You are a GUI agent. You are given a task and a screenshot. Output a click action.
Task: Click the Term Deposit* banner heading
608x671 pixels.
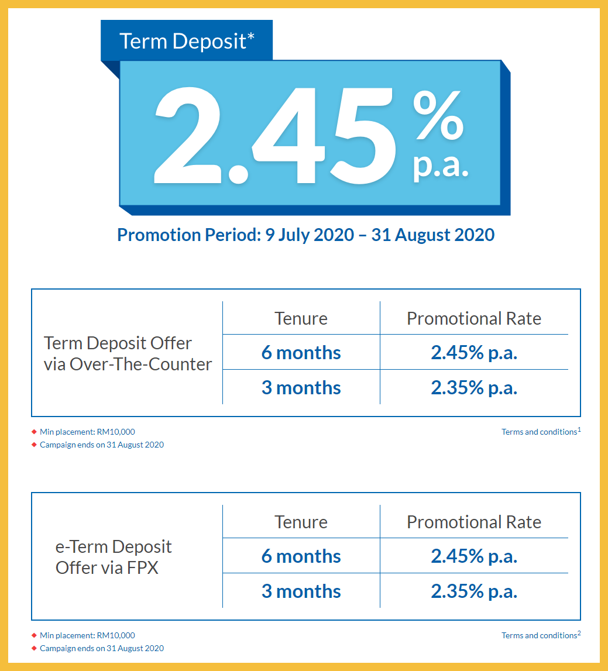click(x=187, y=41)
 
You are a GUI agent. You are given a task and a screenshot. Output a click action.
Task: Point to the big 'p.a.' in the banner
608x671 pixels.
click(x=441, y=165)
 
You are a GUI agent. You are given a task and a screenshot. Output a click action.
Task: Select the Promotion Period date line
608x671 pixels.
click(x=305, y=235)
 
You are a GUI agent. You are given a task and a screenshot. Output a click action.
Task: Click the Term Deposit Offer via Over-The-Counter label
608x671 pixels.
click(x=128, y=353)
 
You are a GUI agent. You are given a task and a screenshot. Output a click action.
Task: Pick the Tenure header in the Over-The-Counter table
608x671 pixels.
click(x=301, y=319)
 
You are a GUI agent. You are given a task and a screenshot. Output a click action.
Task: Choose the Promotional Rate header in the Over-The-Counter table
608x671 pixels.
click(x=474, y=319)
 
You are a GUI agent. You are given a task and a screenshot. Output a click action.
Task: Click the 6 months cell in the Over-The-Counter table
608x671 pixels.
click(x=301, y=353)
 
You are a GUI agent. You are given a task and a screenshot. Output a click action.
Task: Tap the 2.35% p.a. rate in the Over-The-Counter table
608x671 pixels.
click(x=474, y=388)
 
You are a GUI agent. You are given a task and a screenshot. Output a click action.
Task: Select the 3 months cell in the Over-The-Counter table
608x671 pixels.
click(x=301, y=388)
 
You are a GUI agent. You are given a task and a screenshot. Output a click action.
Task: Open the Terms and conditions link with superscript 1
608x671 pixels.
click(x=541, y=432)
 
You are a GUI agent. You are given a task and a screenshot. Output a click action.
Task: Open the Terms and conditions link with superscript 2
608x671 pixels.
click(x=541, y=635)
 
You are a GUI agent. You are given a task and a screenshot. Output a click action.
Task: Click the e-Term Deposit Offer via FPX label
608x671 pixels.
click(x=114, y=557)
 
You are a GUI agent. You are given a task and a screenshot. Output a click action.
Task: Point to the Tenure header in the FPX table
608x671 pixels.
click(x=301, y=522)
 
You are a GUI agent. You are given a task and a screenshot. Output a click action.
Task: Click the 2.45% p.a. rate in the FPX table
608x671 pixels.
click(x=474, y=556)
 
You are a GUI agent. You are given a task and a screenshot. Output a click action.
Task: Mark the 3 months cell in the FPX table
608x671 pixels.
click(x=301, y=591)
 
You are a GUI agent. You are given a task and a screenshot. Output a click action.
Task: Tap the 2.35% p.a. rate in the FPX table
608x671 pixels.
click(x=474, y=591)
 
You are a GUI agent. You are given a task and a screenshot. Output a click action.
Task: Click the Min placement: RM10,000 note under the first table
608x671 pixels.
click(x=87, y=432)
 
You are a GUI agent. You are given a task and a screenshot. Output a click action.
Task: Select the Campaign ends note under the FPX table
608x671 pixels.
click(x=101, y=648)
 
